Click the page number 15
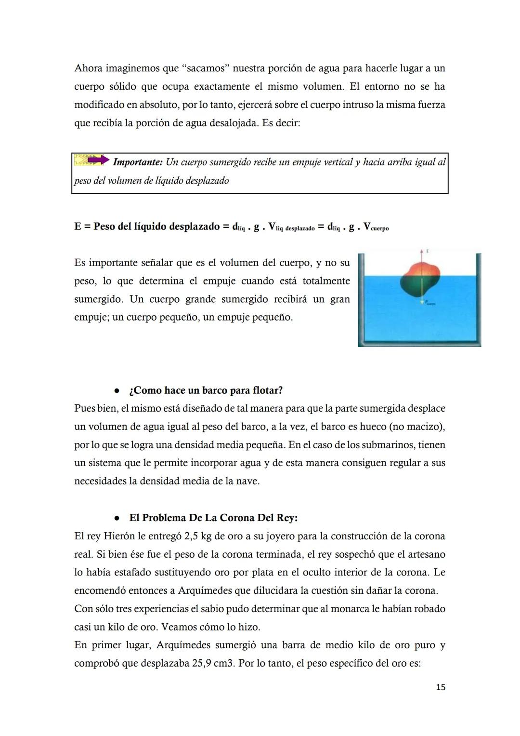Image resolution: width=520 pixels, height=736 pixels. [x=441, y=687]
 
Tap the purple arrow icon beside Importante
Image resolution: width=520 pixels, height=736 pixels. [x=98, y=160]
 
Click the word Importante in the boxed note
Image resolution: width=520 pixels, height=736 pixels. [x=137, y=162]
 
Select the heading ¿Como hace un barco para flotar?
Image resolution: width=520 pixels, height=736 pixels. [x=206, y=390]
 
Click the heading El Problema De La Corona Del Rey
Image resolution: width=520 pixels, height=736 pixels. [x=213, y=518]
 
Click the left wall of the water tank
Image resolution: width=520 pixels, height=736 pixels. [x=361, y=299]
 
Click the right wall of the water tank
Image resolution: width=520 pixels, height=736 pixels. [x=478, y=299]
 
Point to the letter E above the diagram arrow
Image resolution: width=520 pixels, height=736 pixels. [x=428, y=251]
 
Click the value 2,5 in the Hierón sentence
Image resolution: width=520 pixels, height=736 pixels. [x=193, y=536]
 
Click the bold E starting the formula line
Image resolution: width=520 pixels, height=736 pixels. [x=78, y=227]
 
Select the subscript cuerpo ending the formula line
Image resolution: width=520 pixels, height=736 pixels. [x=379, y=228]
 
